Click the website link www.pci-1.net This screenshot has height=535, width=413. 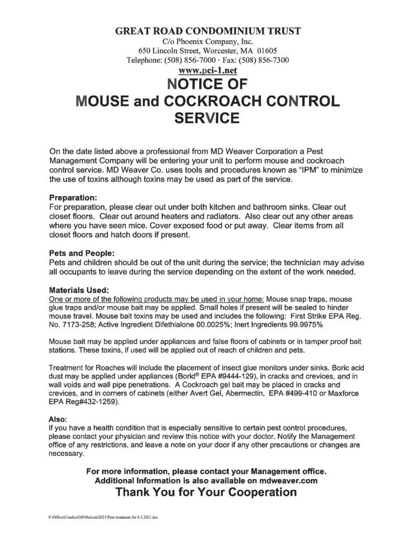tap(206, 71)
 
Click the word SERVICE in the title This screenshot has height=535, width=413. tap(206, 119)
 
